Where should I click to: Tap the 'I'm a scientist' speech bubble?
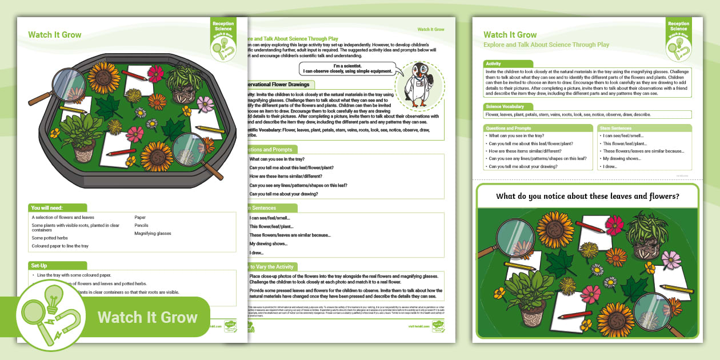click(347, 69)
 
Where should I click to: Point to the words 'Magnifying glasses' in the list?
click(153, 233)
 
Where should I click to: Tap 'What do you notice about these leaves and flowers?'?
click(587, 196)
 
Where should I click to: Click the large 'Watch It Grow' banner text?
click(147, 318)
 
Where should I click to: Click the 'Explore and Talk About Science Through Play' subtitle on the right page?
click(546, 45)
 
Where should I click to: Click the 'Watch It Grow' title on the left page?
click(55, 35)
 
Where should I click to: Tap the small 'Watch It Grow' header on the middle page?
click(430, 29)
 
